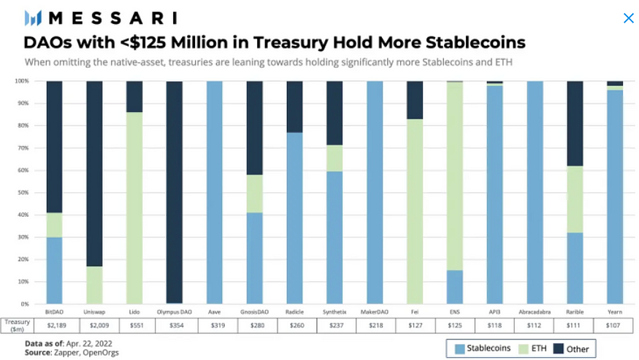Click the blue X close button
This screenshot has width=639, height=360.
click(x=628, y=18)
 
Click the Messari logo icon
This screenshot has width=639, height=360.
click(x=33, y=18)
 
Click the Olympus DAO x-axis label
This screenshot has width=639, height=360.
click(x=174, y=312)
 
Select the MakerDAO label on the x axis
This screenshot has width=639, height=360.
click(x=375, y=312)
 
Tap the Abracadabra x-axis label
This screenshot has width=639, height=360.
click(x=535, y=312)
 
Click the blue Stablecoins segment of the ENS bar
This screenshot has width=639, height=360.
click(x=455, y=287)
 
